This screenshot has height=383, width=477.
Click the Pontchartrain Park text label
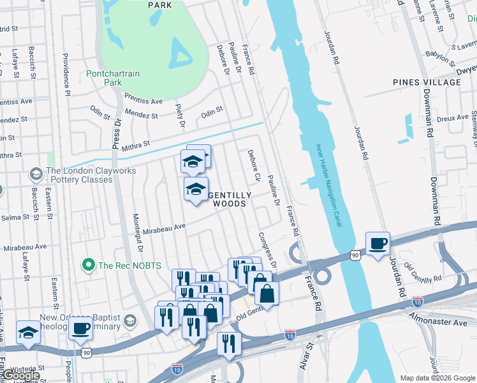(x=113, y=79)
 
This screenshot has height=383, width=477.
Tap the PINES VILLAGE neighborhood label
(x=427, y=82)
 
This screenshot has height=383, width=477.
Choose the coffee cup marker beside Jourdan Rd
(x=378, y=244)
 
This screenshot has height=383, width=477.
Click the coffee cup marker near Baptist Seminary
(x=80, y=329)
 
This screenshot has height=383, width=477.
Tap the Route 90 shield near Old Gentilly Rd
(x=355, y=255)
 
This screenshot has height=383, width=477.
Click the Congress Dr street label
(x=267, y=249)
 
